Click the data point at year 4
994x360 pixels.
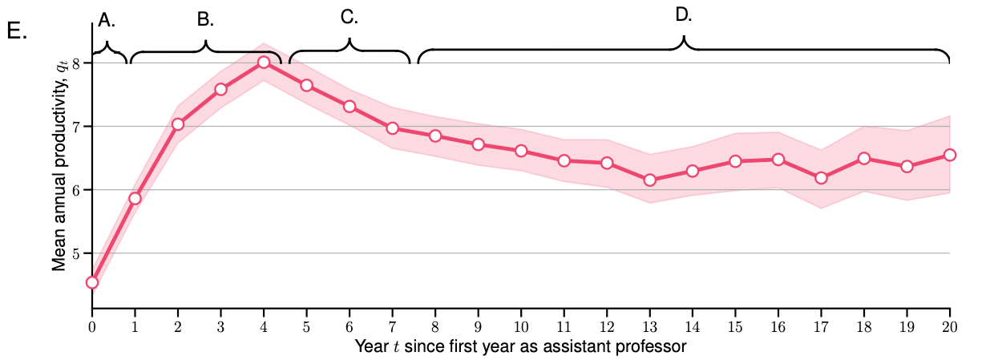(264, 63)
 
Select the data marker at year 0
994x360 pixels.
(92, 282)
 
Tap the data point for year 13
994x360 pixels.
(649, 180)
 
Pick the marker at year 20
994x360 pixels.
(950, 155)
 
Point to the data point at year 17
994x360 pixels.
(821, 178)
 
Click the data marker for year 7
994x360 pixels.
(392, 128)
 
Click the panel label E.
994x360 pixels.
(17, 33)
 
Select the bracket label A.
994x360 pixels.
(107, 21)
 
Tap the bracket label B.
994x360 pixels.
(206, 20)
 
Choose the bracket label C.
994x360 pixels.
(350, 17)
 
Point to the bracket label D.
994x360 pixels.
(684, 14)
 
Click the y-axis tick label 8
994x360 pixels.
(75, 63)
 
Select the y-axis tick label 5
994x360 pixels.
(75, 253)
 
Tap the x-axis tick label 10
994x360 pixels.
(521, 326)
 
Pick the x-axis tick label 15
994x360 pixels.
(735, 326)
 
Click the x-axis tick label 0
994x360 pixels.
(92, 326)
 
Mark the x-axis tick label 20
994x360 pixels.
(950, 326)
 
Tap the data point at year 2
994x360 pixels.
(178, 124)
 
